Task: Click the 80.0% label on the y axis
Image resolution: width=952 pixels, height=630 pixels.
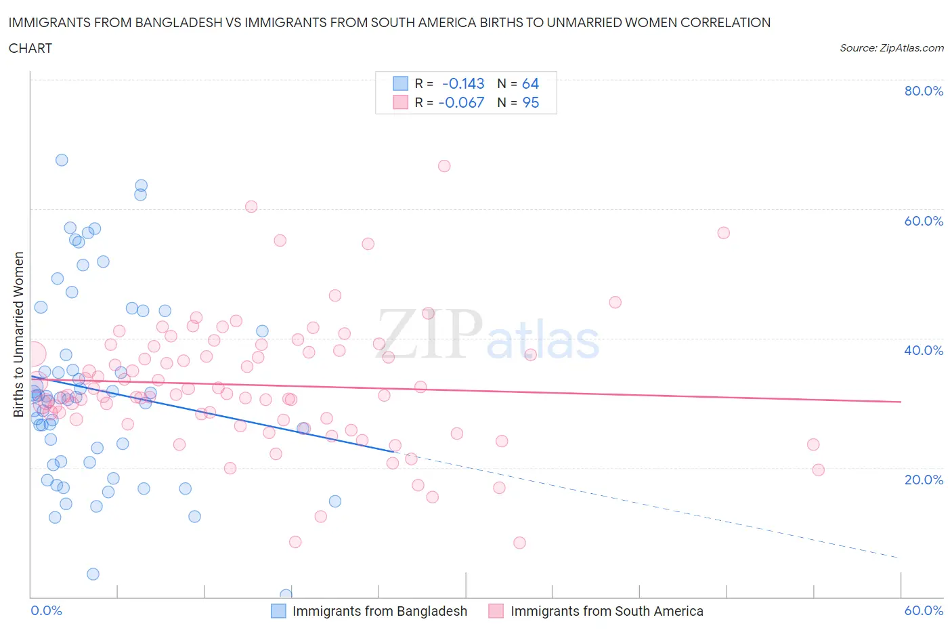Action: [924, 91]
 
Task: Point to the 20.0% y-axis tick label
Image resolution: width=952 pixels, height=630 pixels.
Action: [924, 480]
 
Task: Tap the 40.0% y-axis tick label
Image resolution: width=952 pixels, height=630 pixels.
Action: [924, 350]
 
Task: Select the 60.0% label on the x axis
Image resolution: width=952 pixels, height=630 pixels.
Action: [924, 610]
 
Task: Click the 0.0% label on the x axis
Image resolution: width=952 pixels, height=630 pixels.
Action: [46, 610]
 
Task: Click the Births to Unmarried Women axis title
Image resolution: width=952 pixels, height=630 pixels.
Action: [18, 335]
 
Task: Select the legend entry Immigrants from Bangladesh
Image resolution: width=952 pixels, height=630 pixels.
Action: [379, 611]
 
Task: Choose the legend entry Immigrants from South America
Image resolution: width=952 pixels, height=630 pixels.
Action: [607, 611]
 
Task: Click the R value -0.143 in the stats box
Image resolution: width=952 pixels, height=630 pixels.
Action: [463, 83]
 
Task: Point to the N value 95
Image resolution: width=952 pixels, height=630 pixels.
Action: [531, 102]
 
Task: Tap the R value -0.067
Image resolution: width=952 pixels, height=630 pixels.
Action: [461, 102]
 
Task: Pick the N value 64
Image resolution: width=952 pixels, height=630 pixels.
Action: [530, 83]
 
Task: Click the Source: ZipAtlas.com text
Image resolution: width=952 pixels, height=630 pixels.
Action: [892, 47]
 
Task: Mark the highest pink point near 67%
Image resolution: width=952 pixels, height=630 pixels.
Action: [444, 166]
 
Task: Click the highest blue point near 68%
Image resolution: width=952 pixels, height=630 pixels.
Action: [62, 160]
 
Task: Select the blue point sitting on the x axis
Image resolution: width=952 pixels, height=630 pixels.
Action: [286, 595]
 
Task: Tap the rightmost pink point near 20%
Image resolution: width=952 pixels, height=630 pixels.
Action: [818, 470]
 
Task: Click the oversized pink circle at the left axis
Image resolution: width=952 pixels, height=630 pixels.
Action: [33, 354]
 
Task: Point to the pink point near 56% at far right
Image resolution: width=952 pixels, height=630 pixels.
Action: [723, 233]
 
